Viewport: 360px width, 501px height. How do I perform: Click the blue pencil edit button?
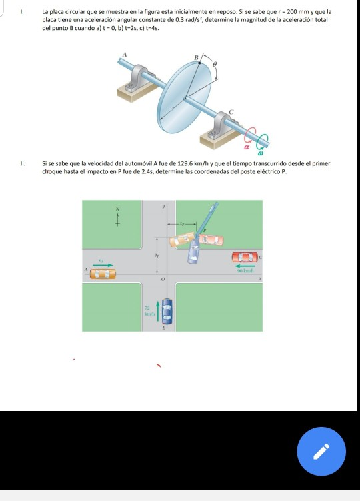click(321, 451)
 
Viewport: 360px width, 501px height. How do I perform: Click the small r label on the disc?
click(175, 106)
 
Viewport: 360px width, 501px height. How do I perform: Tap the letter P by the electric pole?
click(205, 231)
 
